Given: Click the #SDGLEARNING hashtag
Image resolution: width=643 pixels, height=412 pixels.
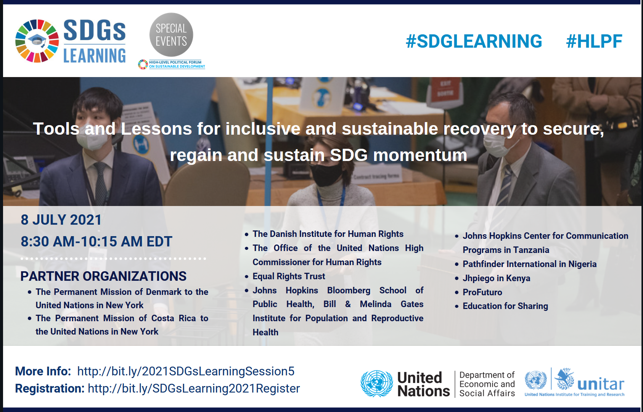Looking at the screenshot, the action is (x=474, y=41).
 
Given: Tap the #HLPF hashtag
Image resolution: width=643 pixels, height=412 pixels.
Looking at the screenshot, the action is (x=594, y=41).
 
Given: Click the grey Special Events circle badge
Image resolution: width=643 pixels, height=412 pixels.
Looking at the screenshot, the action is (x=171, y=35).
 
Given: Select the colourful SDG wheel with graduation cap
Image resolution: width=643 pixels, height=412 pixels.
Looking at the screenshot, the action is (x=37, y=41).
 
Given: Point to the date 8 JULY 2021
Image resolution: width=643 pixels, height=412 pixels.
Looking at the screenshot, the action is (x=61, y=220).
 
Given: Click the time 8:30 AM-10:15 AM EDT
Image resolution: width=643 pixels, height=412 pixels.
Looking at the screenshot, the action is (x=96, y=241).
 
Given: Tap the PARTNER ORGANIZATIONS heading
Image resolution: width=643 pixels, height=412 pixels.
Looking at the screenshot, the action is (x=103, y=276).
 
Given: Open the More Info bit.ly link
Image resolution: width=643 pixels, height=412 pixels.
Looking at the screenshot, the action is (x=186, y=371).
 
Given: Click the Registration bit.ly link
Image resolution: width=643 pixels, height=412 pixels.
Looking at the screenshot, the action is (x=194, y=388).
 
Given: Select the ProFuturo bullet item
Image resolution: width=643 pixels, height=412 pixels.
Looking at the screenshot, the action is (x=482, y=292).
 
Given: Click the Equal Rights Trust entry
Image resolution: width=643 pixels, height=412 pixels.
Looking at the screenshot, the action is (x=289, y=276).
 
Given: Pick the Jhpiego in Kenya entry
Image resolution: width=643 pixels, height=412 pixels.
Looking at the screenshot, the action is (x=496, y=278).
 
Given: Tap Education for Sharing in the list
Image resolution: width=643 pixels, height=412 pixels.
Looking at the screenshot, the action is (x=505, y=306).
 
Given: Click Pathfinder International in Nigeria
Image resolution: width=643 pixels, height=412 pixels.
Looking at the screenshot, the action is (x=530, y=264).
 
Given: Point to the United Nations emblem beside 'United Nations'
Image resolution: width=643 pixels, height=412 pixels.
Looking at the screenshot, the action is (x=377, y=383).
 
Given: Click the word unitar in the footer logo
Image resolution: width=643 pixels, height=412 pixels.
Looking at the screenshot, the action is (x=601, y=384).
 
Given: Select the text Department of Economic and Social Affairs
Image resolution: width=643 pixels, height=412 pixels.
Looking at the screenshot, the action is (x=487, y=384).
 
